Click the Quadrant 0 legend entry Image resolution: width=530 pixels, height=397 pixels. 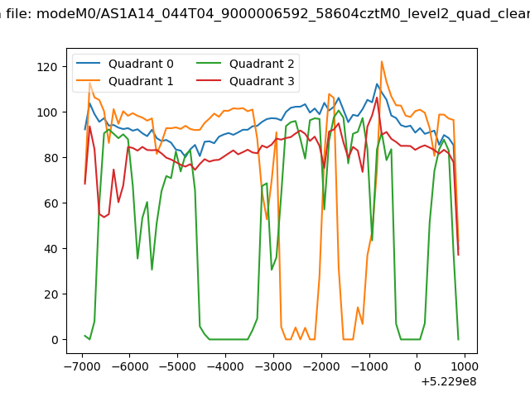124,64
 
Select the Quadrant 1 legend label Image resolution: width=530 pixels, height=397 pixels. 141,81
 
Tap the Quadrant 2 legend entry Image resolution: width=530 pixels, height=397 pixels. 245,64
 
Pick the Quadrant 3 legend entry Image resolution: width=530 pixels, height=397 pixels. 245,81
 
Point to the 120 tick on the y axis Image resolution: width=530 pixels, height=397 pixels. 47,67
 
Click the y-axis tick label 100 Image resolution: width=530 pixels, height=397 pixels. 47,112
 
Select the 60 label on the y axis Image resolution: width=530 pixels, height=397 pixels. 51,203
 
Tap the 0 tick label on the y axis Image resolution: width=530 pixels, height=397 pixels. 55,340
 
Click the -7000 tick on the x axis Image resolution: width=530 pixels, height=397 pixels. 83,366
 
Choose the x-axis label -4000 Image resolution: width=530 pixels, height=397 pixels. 225,366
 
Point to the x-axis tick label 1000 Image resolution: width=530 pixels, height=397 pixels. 465,366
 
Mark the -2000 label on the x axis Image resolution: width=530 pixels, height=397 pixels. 321,366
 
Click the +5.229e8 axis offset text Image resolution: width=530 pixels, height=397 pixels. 449,381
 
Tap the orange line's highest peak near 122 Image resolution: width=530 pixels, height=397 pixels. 382,61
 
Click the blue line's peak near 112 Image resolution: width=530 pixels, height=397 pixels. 377,84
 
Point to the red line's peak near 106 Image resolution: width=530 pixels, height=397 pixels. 377,98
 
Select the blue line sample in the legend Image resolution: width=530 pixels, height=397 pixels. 89,63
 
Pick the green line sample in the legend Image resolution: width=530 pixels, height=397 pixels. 209,63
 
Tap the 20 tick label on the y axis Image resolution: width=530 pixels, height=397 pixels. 51,294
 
